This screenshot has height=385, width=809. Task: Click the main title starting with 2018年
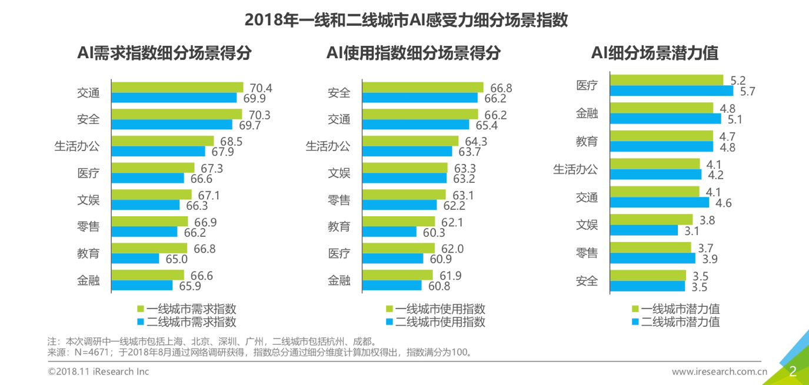405,20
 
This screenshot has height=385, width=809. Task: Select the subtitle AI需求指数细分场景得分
164,53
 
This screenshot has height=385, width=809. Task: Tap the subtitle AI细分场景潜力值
655,53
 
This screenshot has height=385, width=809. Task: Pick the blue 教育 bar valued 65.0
135,259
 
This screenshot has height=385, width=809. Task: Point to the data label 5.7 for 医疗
747,92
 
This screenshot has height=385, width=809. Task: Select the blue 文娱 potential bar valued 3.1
647,230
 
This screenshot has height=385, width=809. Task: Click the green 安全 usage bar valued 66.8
422,88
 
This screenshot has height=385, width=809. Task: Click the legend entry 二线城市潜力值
680,322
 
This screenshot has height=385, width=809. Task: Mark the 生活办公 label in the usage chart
328,146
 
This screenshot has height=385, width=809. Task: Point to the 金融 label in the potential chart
587,113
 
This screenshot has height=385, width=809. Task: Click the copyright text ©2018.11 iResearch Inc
98,371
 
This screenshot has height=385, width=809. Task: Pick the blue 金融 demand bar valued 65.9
142,285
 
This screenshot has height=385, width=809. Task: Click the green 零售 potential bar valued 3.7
650,247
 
